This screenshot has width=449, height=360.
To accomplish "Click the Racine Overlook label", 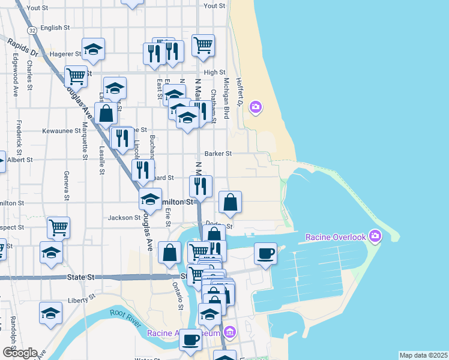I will [335, 237].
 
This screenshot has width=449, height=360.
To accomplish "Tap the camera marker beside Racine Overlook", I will [376, 235].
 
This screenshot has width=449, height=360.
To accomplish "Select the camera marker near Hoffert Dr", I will [256, 107].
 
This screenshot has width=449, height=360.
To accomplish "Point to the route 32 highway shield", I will [32, 29].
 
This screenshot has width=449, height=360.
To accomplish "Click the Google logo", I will [19, 353].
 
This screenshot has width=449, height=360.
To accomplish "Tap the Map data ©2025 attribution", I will [423, 355].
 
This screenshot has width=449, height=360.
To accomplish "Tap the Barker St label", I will [218, 154].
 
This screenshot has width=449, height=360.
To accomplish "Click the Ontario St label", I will [179, 296].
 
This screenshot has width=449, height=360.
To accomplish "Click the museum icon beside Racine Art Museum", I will [229, 332].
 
